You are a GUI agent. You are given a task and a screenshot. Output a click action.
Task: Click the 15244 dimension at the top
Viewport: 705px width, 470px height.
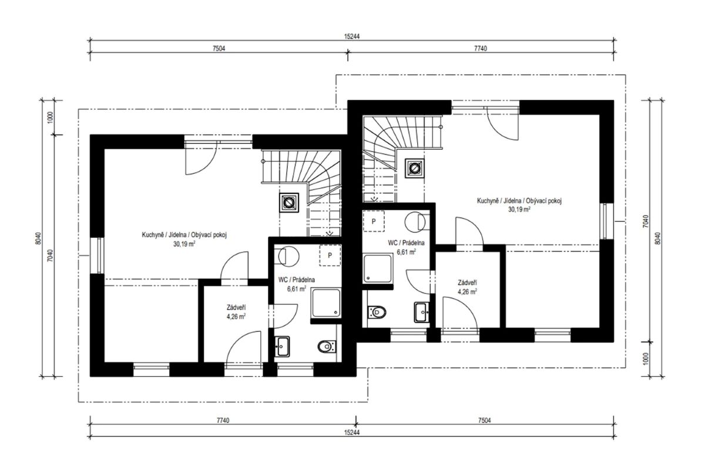point(351,36)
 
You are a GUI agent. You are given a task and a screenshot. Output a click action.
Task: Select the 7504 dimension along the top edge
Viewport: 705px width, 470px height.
point(219,49)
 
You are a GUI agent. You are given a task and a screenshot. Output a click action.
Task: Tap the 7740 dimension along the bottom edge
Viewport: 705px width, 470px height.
point(223,421)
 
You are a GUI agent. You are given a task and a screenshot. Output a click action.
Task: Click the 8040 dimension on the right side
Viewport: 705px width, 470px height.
point(657,239)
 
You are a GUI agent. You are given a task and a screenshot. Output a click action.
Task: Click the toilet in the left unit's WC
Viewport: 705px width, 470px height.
point(327,347)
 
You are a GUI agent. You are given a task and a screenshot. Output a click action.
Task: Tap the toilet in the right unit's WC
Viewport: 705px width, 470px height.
point(377,313)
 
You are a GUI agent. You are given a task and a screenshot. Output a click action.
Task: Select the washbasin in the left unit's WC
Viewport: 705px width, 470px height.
point(282,347)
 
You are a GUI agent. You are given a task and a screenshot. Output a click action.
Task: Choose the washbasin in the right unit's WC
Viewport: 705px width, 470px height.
point(422,313)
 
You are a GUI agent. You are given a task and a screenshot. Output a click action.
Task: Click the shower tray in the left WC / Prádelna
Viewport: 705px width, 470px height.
point(326,303)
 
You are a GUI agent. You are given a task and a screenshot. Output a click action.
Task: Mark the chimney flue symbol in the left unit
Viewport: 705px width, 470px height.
point(288,203)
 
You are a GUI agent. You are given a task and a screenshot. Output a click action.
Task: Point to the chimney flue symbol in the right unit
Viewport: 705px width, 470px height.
point(415,169)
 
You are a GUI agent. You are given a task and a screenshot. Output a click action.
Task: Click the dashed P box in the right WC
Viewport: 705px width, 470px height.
point(374,221)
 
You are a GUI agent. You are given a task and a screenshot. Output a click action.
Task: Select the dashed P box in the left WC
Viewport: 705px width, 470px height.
point(330,256)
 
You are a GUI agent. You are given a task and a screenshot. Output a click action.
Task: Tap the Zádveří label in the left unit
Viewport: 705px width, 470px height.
point(236,308)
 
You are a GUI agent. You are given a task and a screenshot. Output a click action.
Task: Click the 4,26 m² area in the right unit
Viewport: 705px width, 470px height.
point(467,292)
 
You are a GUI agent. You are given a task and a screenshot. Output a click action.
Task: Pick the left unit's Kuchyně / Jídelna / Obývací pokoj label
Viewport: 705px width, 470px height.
point(184,235)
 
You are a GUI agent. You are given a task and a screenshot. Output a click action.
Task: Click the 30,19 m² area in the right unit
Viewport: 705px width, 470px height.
point(519,209)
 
